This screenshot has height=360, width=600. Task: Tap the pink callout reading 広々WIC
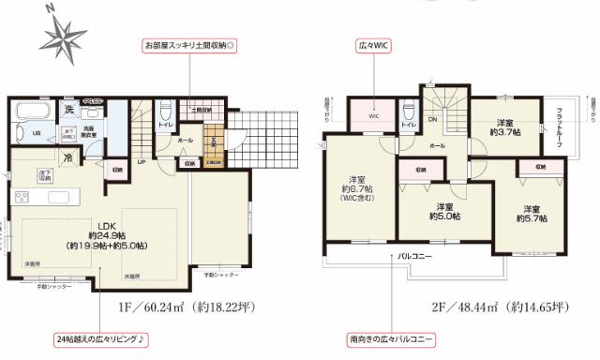tap(373, 44)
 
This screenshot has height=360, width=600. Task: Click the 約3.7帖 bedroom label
tap(506, 128)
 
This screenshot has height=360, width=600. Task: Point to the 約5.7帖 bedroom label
tap(531, 213)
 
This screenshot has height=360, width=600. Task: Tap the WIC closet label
tap(372, 118)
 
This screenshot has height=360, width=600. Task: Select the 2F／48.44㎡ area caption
tap(472, 305)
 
